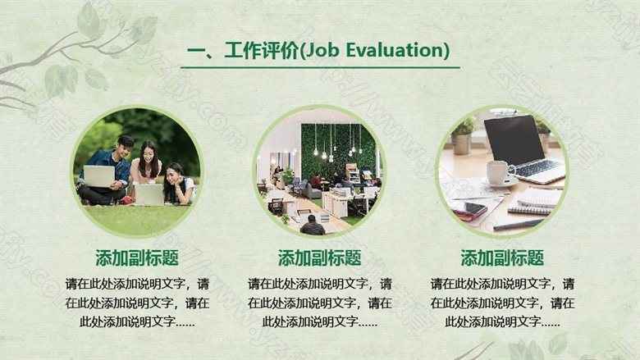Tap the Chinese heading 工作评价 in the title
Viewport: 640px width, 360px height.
click(261, 51)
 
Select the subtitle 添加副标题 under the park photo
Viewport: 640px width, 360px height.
click(137, 257)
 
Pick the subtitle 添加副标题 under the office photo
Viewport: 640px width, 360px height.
click(320, 257)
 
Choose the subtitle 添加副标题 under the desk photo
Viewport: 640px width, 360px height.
click(502, 257)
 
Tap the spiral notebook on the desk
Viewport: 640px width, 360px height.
click(534, 202)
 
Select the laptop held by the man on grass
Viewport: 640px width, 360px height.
click(98, 176)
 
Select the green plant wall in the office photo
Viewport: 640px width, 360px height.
click(339, 151)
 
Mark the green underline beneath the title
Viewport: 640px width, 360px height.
click(320, 67)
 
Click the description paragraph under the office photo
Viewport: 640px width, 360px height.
click(320, 303)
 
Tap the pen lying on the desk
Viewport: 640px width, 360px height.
click(519, 225)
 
